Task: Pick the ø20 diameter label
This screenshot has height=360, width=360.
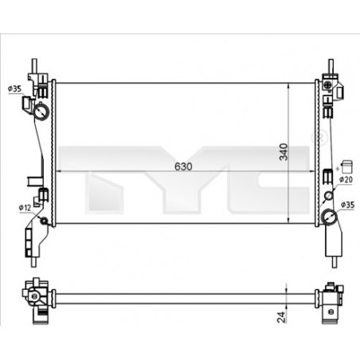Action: tap(346, 180)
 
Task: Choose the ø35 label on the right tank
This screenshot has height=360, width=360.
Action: tap(348, 205)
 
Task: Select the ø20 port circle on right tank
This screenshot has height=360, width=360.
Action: tap(329, 196)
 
